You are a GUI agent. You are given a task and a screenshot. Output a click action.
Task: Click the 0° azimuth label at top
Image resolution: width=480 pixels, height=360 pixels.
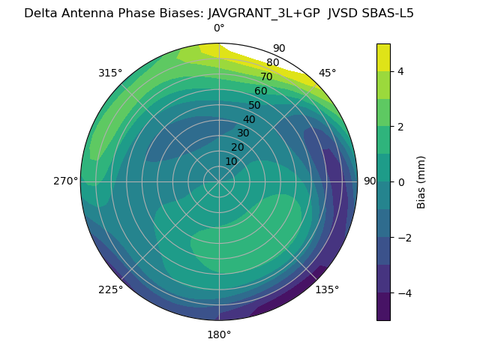click(219, 28)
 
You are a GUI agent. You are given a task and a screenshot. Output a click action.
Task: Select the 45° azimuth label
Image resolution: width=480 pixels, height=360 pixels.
click(327, 73)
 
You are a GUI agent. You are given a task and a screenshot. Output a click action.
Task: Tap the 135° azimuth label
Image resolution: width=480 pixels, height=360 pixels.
click(327, 289)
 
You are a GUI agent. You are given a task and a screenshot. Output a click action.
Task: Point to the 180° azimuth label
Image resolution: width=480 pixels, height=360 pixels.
click(219, 334)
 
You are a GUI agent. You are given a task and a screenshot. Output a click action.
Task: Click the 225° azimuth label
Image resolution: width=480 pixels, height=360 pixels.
click(110, 289)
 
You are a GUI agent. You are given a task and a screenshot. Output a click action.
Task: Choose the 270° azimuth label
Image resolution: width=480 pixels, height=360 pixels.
click(65, 181)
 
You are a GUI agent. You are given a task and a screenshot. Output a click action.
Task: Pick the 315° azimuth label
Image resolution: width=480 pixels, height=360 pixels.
click(110, 73)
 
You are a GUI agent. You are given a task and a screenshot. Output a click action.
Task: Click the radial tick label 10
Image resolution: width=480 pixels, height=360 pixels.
click(231, 161)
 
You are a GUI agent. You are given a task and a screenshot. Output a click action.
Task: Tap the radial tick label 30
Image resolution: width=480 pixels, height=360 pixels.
click(243, 133)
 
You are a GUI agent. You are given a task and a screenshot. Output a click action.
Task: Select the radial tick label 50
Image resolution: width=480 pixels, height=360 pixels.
click(254, 106)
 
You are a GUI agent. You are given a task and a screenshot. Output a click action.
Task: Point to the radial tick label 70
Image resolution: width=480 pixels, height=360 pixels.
click(266, 77)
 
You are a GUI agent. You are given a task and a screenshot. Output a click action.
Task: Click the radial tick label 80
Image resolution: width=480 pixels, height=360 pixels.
click(272, 63)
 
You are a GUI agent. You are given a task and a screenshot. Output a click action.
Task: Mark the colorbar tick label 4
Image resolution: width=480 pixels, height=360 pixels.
click(400, 71)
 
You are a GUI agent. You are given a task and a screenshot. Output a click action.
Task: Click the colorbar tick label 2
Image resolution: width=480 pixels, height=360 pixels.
click(400, 127)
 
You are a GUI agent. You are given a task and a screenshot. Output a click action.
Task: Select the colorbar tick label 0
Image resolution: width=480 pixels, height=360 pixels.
click(400, 182)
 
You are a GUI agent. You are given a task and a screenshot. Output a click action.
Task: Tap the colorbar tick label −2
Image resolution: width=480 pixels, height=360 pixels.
click(403, 238)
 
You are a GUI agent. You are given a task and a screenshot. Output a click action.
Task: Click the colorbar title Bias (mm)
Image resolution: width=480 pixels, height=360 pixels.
click(421, 182)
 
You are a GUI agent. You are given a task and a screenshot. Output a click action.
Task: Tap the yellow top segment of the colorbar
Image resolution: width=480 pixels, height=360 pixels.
click(383, 57)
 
